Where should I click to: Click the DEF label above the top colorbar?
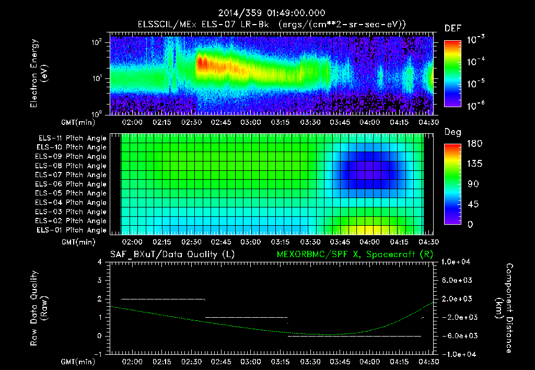(452, 28)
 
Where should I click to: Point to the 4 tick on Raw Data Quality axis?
(99, 262)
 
